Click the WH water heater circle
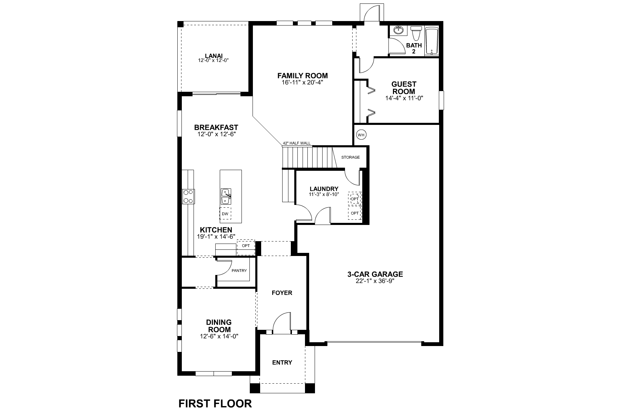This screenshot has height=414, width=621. click(x=361, y=135)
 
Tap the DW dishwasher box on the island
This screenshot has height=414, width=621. click(x=225, y=214)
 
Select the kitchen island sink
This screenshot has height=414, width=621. click(x=226, y=196)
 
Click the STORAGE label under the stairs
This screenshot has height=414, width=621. click(x=350, y=157)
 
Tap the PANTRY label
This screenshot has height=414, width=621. click(x=239, y=270)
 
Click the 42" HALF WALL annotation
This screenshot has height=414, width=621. click(x=296, y=143)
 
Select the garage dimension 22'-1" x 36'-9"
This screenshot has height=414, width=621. click(x=375, y=281)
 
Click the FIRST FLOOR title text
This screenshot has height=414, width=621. click(x=215, y=403)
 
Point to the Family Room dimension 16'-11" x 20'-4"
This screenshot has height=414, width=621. click(x=303, y=83)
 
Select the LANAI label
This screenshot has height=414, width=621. click(x=214, y=56)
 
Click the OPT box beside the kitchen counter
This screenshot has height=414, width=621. click(x=246, y=246)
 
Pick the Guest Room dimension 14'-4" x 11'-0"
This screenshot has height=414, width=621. click(x=404, y=98)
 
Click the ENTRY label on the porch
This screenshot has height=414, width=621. click(x=282, y=362)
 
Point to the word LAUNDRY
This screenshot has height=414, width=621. click(x=324, y=189)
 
